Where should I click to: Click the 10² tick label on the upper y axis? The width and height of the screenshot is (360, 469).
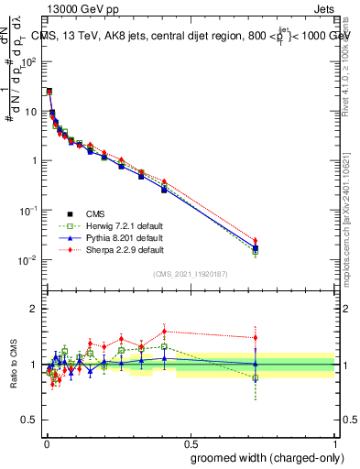pos(29,61)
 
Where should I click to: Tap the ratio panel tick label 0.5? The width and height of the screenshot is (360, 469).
pos(30,420)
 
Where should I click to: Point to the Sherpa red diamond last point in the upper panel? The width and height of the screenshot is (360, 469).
pos(256,241)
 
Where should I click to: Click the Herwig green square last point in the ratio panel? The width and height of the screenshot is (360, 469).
pos(256,377)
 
